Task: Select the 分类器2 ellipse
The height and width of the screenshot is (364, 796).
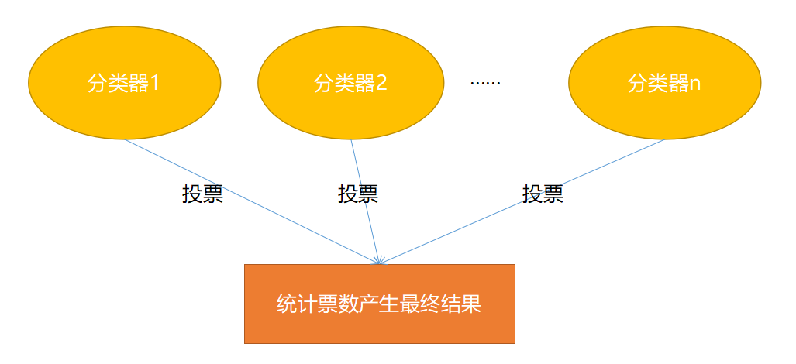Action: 350,84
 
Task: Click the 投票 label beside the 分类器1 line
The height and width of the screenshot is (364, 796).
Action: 202,194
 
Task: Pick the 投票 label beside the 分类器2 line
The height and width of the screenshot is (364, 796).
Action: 358,194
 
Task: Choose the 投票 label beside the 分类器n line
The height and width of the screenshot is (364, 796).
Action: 543,194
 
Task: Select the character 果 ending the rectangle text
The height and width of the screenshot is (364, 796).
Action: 472,304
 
